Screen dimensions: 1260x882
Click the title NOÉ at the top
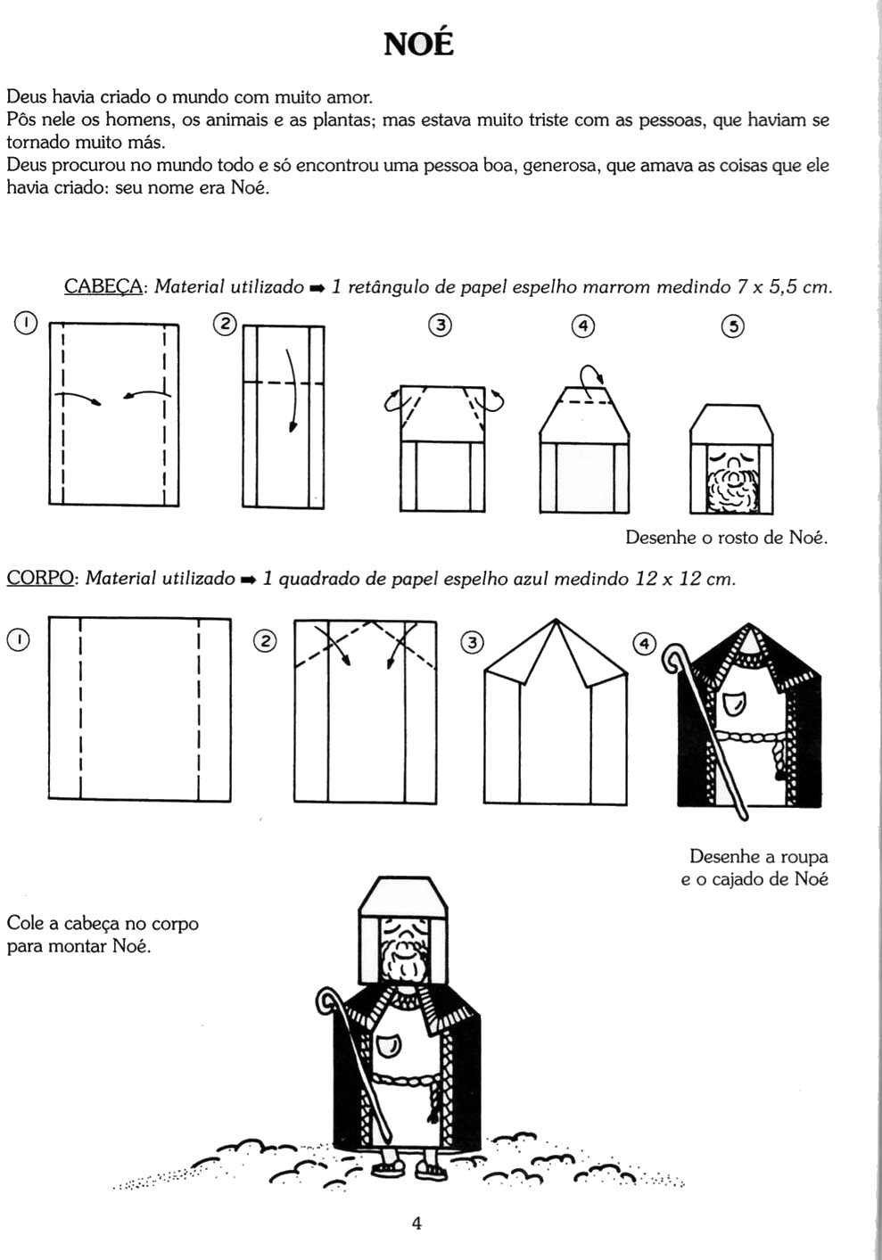pos(418,42)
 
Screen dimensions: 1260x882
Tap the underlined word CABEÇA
pos(103,287)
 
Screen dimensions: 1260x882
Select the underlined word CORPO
pos(40,579)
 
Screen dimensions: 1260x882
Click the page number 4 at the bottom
pos(416,1223)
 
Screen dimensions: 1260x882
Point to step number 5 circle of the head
pos(732,326)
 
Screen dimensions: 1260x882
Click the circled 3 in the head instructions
pos(439,325)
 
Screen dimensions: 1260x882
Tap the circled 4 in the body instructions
pos(643,644)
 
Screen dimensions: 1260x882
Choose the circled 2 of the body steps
pos(266,640)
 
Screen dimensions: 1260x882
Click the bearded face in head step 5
pos(731,482)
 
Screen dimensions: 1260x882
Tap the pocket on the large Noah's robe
pos(390,1042)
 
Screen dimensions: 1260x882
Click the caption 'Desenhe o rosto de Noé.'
pos(726,538)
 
